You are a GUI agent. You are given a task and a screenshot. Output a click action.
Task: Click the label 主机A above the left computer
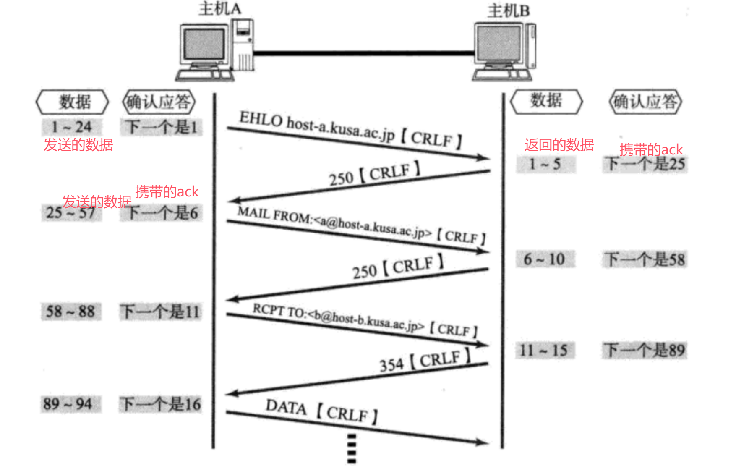(x=220, y=8)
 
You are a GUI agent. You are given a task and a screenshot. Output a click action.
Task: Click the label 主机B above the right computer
(x=508, y=10)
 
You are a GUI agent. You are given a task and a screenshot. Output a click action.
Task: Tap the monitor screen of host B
(x=498, y=44)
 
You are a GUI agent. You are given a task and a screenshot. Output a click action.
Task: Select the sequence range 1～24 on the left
(x=71, y=127)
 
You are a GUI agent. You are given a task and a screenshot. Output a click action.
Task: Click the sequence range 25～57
(x=71, y=213)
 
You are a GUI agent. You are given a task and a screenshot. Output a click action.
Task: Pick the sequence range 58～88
(x=70, y=312)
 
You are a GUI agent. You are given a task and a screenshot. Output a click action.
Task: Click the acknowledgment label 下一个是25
(x=645, y=164)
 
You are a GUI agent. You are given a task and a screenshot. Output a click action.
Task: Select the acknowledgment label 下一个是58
(x=645, y=259)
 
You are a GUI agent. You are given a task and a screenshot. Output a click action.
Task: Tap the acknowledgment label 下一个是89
(x=645, y=350)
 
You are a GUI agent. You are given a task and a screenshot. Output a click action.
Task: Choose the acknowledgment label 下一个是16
(x=160, y=404)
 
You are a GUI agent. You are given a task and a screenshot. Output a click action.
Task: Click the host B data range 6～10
(x=544, y=259)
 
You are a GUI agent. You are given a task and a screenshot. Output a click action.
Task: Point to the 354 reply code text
(x=391, y=365)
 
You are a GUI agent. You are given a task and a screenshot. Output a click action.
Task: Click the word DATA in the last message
(x=286, y=407)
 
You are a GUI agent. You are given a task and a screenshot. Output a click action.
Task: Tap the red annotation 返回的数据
(x=559, y=145)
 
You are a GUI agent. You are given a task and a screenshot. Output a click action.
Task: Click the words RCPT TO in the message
(x=280, y=311)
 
